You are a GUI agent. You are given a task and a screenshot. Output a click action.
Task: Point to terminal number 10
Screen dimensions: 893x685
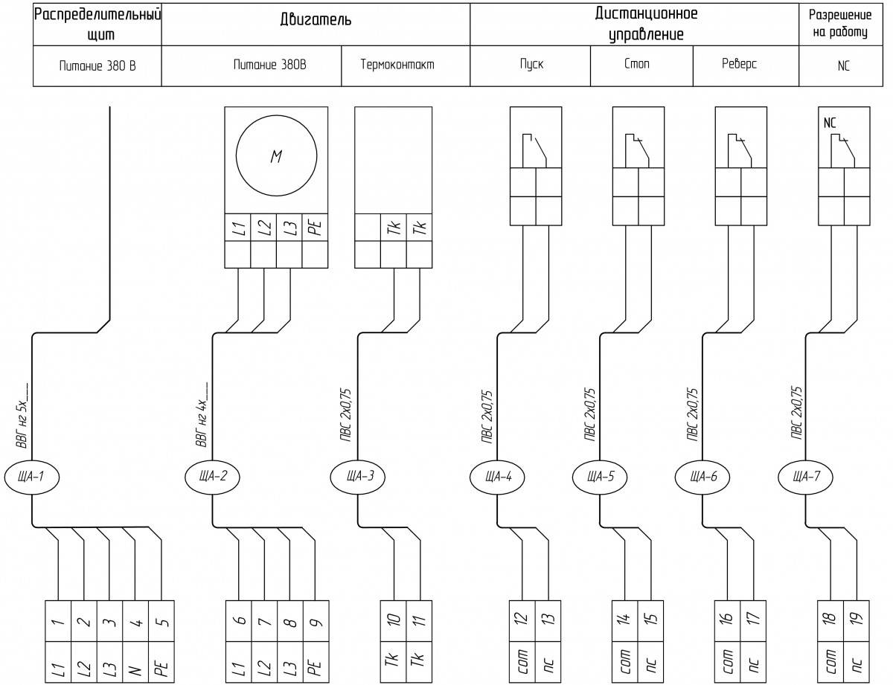(393, 621)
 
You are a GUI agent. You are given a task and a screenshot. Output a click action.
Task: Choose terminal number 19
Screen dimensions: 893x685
(856, 621)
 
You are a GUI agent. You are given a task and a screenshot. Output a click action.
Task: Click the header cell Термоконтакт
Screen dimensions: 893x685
(397, 65)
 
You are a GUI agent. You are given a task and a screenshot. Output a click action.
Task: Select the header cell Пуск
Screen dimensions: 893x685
(531, 65)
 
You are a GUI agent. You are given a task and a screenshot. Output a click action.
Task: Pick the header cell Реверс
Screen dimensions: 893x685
(739, 64)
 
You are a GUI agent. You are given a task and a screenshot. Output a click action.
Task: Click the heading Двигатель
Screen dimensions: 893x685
(316, 19)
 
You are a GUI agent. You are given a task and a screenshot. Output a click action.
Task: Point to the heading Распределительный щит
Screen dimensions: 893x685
(97, 25)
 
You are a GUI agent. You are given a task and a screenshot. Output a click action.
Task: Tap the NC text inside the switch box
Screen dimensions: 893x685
(830, 123)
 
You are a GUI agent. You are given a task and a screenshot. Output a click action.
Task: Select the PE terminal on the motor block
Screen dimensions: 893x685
(315, 227)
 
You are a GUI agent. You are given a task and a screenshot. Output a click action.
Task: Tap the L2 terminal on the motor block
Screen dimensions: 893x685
(263, 227)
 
